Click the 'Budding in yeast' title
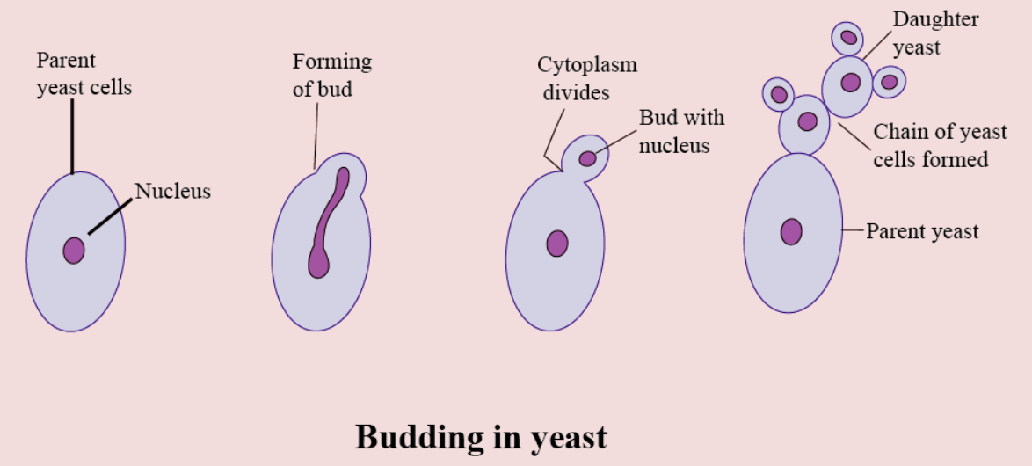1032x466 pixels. pos(481,436)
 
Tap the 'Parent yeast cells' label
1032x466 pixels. pos(84,74)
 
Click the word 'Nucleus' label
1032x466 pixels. pos(172,190)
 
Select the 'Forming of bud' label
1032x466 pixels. pos(331,75)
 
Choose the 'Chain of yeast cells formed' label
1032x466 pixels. pos(940,145)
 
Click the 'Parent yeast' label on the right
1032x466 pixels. pos(922,232)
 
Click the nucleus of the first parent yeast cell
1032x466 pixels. pos(74,251)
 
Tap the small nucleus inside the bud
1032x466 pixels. pos(587,159)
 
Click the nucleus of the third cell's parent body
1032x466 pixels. pos(557,243)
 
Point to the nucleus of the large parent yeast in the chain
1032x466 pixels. pos(792,231)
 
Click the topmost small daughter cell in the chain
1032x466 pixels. pos(848,38)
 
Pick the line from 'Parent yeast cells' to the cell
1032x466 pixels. pos(73,136)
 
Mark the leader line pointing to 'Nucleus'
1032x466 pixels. pos(111,215)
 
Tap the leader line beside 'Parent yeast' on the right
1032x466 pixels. pos(853,231)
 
